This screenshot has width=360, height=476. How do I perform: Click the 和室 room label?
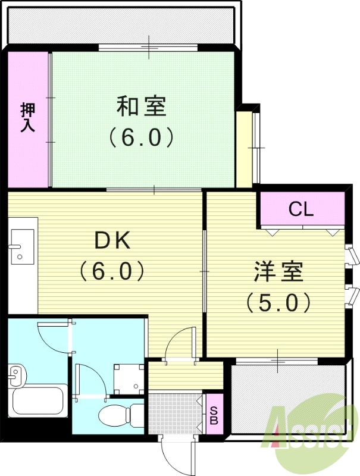tap(142, 107)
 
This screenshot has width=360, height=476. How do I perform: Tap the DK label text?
tap(113, 241)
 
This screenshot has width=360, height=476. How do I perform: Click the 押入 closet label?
tap(27, 117)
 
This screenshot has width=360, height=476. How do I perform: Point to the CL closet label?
tap(301, 209)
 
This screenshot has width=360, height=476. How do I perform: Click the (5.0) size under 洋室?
tap(278, 304)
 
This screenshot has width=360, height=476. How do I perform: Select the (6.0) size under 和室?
tap(142, 137)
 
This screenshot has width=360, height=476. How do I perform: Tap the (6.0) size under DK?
tap(113, 272)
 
